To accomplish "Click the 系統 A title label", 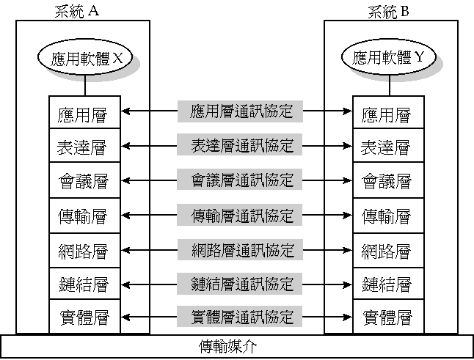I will pyautogui.click(x=82, y=12).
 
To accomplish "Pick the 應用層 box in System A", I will pyautogui.click(x=82, y=114).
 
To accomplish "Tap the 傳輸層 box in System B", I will pyautogui.click(x=386, y=216).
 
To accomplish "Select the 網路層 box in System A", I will pyautogui.click(x=82, y=250).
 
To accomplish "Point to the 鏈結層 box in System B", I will pyautogui.click(x=386, y=284).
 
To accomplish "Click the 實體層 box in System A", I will pyautogui.click(x=82, y=317).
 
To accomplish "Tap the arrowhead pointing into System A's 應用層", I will pyautogui.click(x=125, y=112).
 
